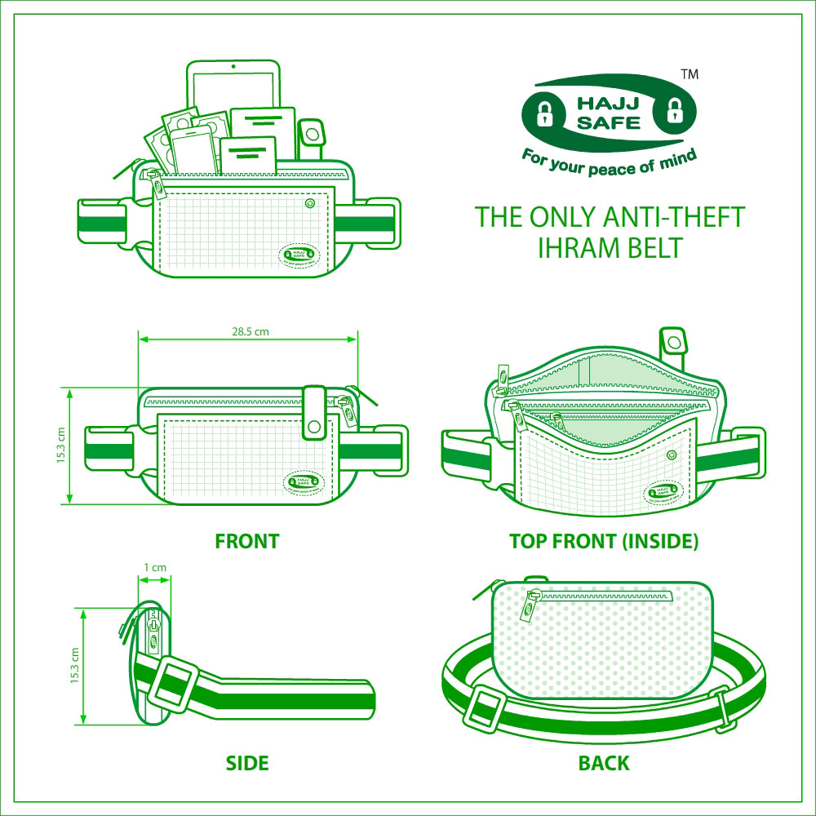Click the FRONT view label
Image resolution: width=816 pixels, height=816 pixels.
(246, 541)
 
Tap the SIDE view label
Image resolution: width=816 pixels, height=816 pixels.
(246, 764)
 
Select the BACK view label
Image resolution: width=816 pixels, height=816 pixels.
(604, 764)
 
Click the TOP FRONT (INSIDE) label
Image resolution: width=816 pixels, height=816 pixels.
(604, 541)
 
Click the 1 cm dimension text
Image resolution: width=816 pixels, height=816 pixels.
(155, 567)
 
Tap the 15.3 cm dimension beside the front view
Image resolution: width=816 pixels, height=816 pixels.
(61, 446)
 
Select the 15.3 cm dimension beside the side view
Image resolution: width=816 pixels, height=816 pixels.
(74, 665)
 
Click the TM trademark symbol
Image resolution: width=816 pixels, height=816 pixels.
(689, 74)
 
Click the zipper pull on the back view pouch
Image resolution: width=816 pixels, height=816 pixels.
(530, 608)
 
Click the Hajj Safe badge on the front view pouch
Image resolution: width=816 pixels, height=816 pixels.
(302, 482)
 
